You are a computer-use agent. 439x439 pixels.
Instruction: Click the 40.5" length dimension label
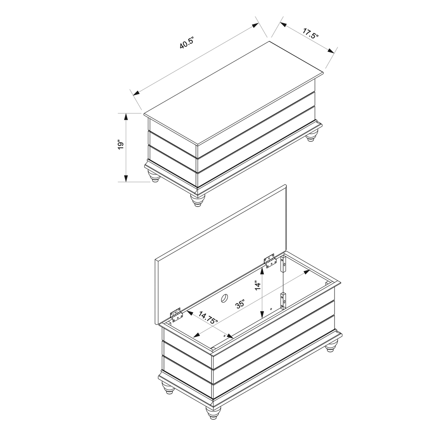pyautogui.click(x=187, y=43)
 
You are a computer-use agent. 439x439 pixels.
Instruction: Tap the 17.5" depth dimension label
pyautogui.click(x=309, y=33)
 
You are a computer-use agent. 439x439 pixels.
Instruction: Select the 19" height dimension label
pyautogui.click(x=121, y=145)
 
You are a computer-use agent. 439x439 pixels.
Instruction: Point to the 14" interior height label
pyautogui.click(x=258, y=286)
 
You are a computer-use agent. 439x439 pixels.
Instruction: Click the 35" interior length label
pyautogui.click(x=240, y=304)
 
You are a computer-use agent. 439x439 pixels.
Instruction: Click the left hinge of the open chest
pyautogui.click(x=176, y=314)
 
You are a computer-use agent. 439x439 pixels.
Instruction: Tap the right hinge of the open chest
pyautogui.click(x=270, y=260)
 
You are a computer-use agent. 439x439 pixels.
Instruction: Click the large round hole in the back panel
pyautogui.click(x=224, y=298)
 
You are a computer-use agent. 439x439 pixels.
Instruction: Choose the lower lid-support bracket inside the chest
pyautogui.click(x=284, y=300)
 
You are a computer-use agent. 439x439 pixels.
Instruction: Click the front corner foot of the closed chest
pyautogui.click(x=197, y=200)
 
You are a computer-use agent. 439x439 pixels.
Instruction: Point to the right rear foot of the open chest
pyautogui.click(x=332, y=346)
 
